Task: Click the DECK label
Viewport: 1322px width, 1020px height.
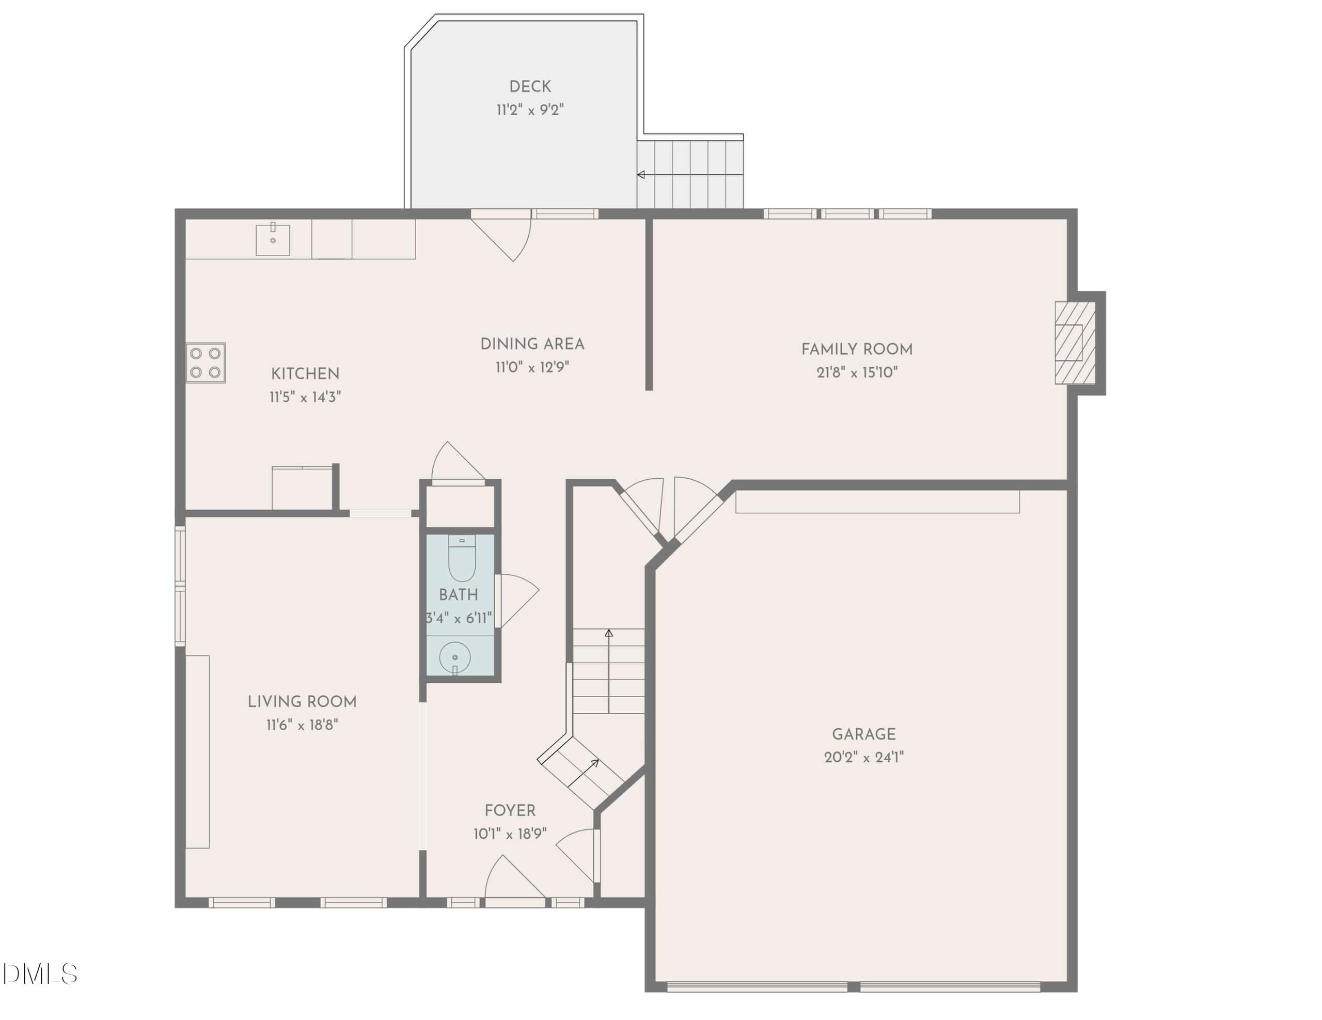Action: pos(530,87)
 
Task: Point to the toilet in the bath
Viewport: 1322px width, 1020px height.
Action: pos(462,558)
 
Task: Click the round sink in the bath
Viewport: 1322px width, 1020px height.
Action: pos(454,657)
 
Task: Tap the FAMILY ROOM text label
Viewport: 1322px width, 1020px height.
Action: pos(857,349)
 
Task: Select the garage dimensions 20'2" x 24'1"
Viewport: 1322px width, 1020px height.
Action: pos(864,757)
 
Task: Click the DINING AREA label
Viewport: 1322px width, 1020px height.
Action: pos(532,344)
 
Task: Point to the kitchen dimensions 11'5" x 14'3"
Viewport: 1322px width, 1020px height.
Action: pos(305,397)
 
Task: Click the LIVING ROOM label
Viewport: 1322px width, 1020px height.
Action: pos(302,701)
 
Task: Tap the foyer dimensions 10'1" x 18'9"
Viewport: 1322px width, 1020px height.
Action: pos(510,834)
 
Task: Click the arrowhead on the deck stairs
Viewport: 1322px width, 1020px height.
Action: pos(640,175)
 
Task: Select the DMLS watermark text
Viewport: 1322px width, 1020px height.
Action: pos(39,974)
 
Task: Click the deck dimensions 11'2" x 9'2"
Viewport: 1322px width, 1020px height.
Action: pos(530,109)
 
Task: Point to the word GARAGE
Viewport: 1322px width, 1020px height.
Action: pos(864,734)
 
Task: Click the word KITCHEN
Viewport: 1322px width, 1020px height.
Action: pos(305,373)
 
